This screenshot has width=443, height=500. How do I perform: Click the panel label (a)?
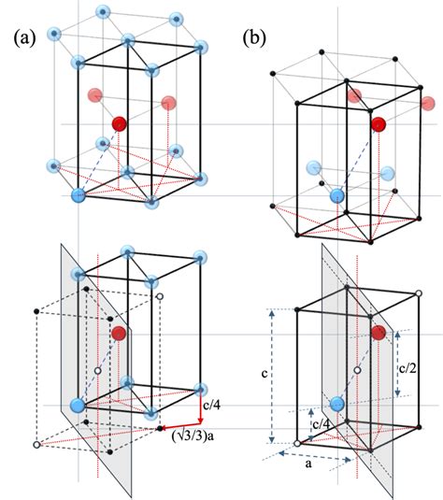pos(24,39)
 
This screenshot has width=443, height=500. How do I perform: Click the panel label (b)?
pos(254,38)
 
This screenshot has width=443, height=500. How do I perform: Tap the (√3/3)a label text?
pos(193,436)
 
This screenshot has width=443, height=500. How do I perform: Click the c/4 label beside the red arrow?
pos(212,406)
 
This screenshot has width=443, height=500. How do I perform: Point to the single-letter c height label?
pos(264,373)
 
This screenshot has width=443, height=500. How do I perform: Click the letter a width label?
pos(308,464)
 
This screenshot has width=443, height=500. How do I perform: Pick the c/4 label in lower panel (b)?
pos(321,424)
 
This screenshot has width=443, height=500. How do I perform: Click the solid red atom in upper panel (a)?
pos(119,124)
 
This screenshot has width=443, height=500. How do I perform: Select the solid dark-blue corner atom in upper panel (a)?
pos(79,195)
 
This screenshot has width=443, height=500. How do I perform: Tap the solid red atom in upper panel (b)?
pos(379,124)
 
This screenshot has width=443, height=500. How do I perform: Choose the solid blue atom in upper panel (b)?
pos(337,195)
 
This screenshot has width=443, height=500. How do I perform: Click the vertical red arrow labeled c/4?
pos(201,407)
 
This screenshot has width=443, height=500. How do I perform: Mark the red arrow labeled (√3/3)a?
pos(180,426)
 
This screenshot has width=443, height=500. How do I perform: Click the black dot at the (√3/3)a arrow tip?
pos(160,429)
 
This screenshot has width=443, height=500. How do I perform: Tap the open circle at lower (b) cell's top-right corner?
pos(419,293)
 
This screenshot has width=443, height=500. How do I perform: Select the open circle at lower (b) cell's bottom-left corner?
pos(297,444)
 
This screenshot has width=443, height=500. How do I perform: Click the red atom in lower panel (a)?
pos(119,334)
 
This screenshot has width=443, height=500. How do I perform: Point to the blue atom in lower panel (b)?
pos(337,405)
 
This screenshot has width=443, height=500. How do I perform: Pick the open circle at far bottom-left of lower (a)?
pos(36,445)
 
